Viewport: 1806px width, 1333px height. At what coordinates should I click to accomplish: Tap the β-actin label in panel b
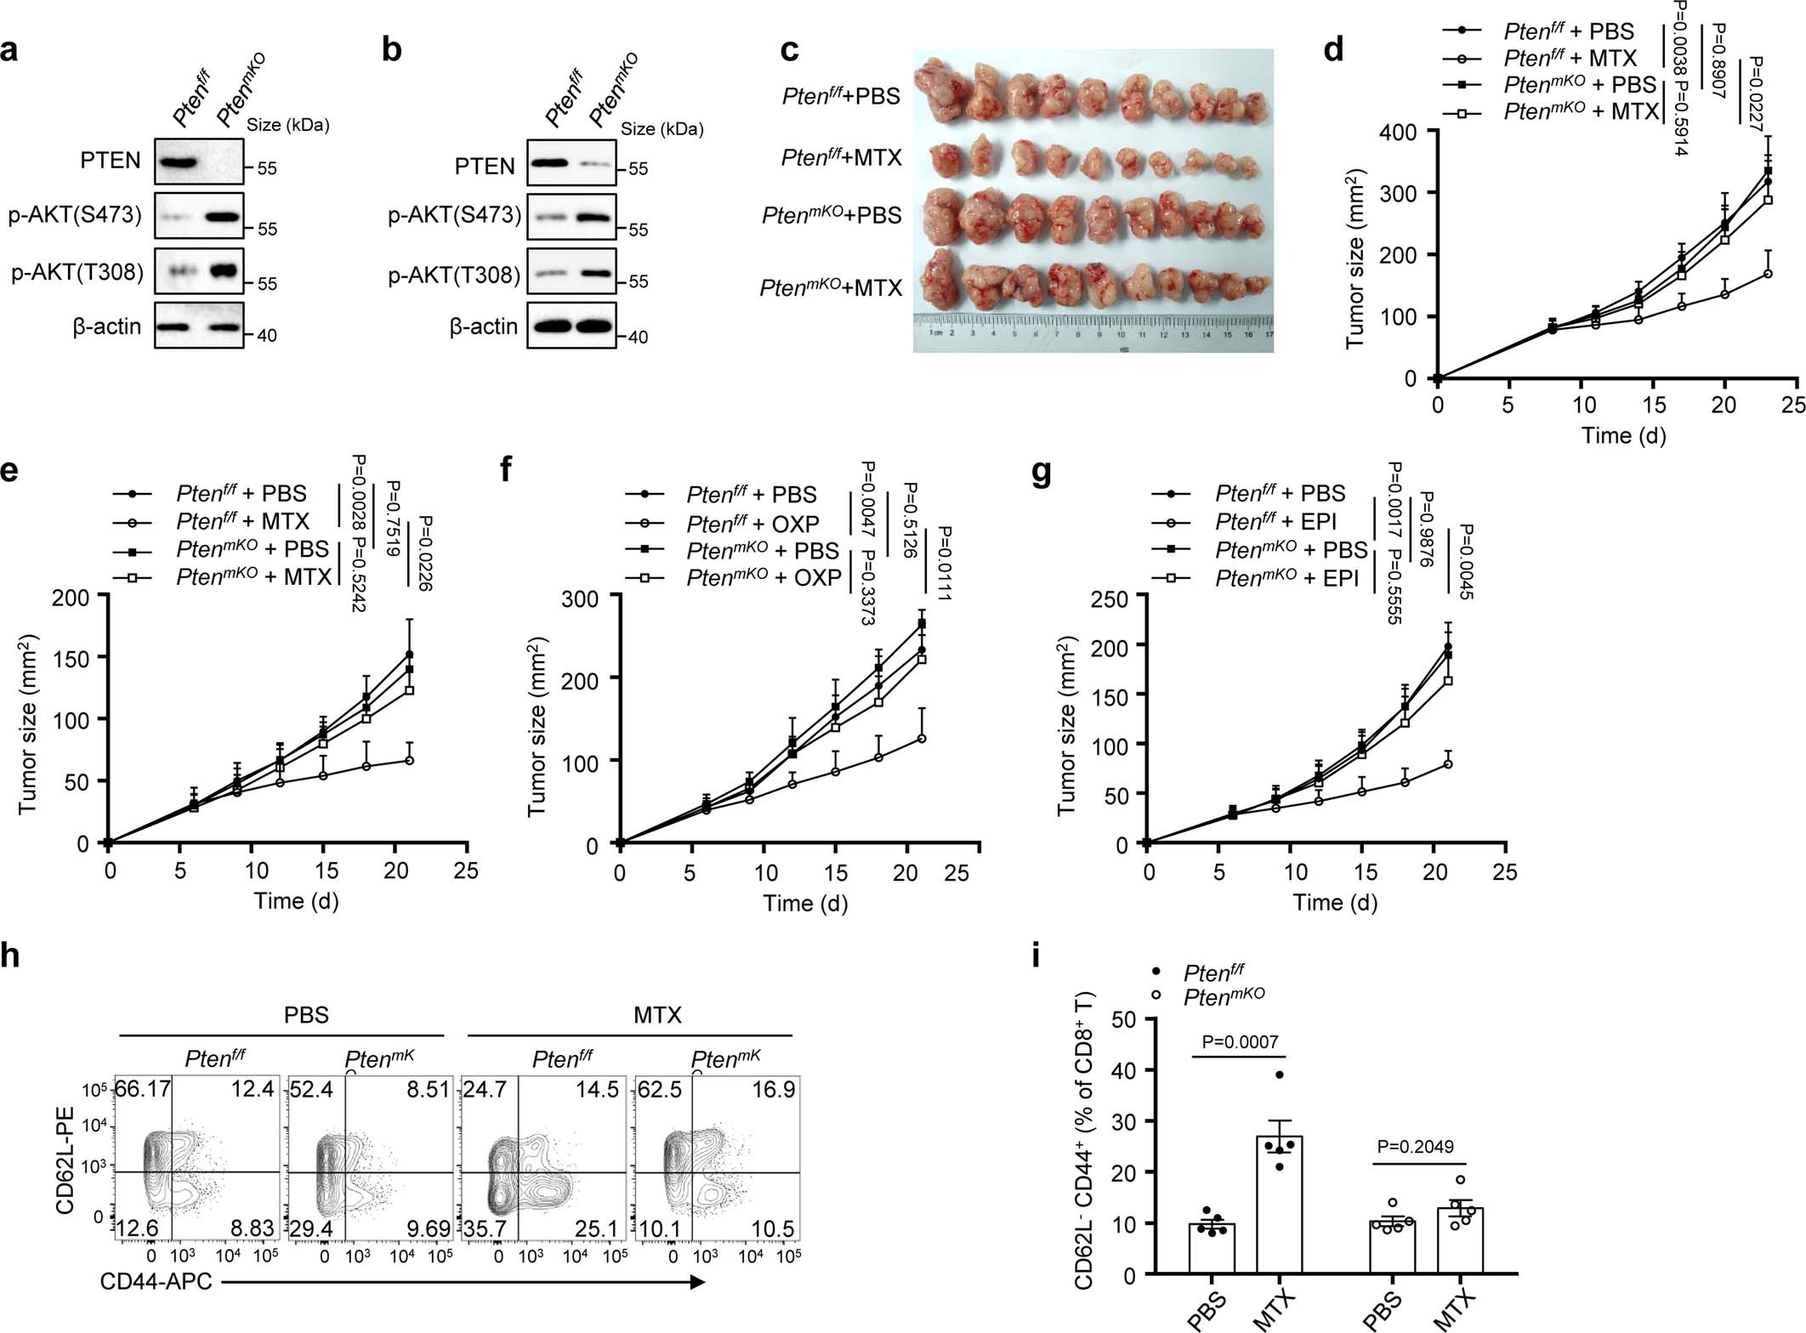[483, 326]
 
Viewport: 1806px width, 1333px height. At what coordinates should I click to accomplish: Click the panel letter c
[789, 50]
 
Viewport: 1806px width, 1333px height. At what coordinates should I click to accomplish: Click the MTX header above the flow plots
[657, 1015]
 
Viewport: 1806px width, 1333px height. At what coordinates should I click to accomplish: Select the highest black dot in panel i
[1279, 1075]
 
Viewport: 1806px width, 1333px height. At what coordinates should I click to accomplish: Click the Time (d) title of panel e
[296, 900]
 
